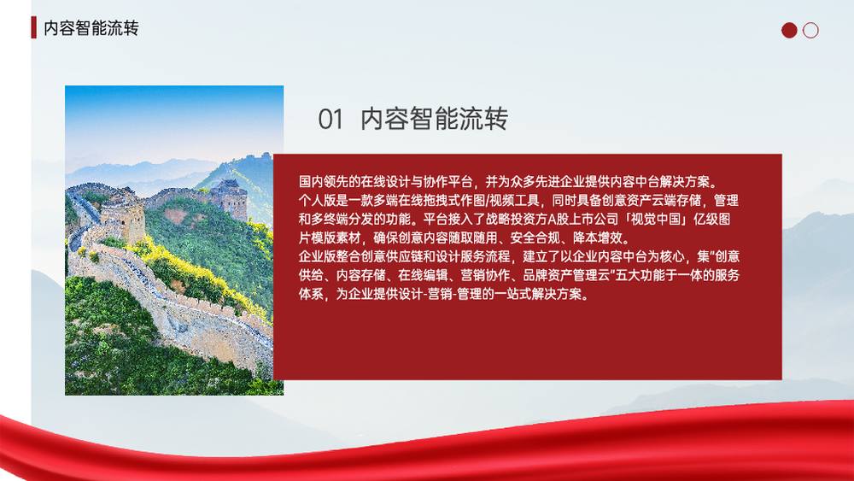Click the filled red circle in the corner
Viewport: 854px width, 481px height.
789,31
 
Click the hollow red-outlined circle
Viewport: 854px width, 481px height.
810,31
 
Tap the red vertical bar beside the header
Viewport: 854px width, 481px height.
34,27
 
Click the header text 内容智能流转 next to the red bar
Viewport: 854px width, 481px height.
91,28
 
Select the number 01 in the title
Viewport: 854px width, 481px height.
331,120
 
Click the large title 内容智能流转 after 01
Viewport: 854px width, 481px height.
434,120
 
